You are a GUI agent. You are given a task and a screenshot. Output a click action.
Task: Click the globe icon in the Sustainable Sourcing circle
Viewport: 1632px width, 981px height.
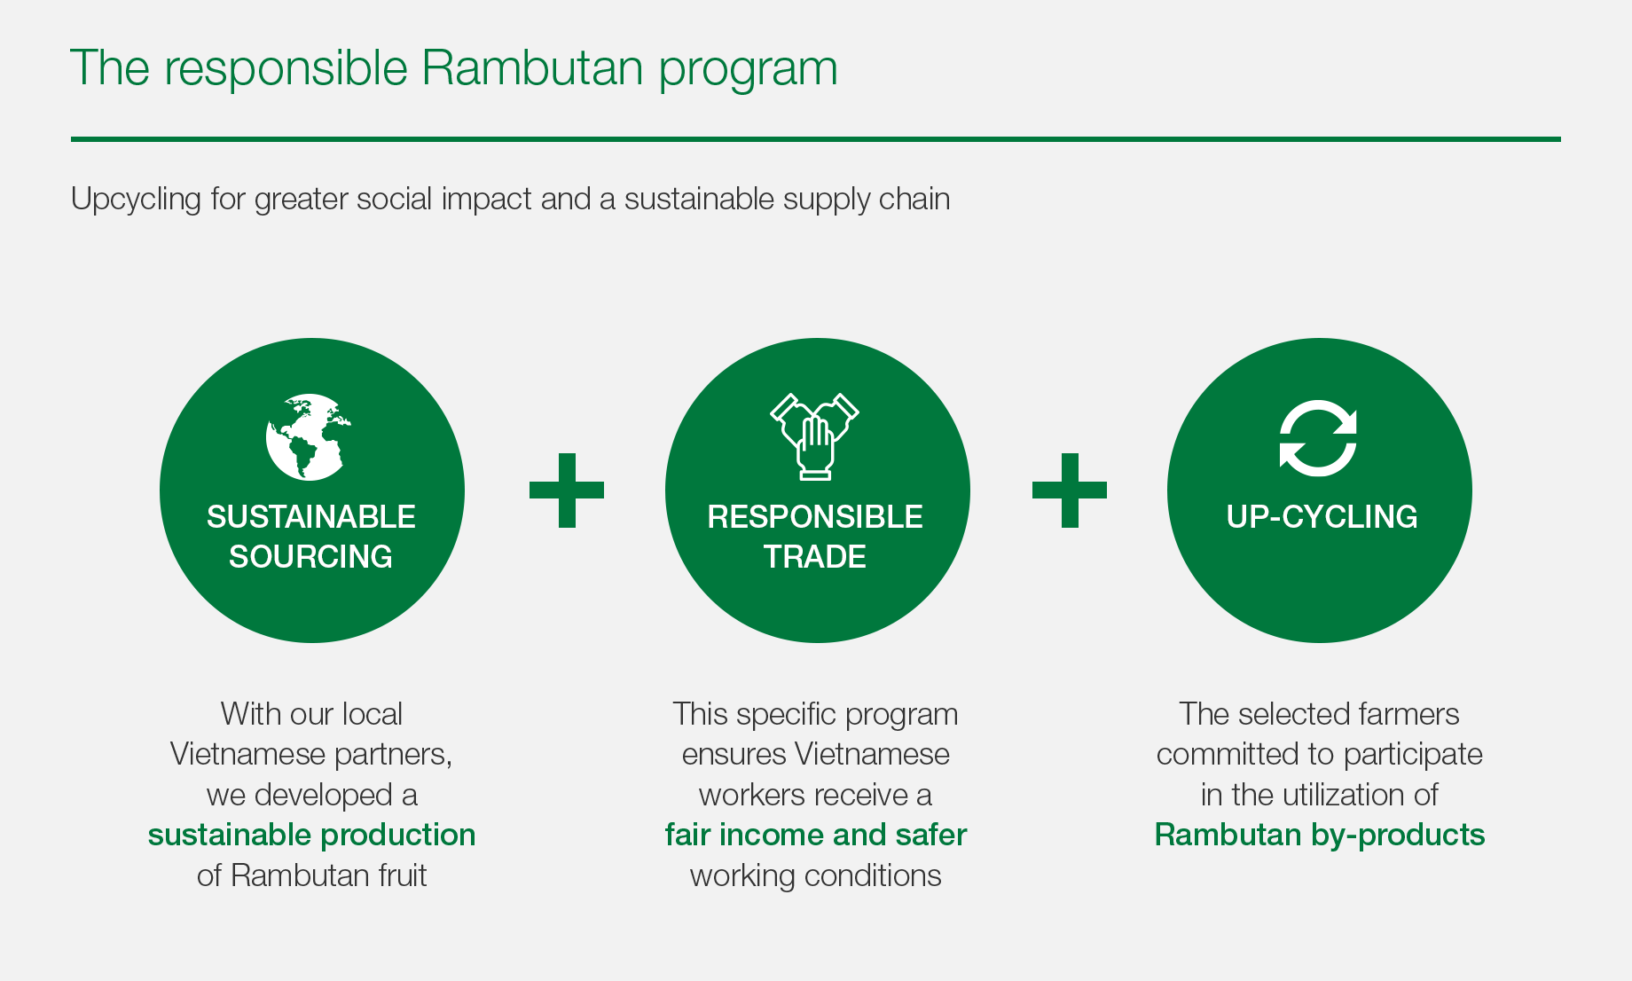(x=308, y=436)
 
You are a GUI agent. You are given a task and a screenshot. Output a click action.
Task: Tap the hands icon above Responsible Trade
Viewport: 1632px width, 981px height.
(x=815, y=436)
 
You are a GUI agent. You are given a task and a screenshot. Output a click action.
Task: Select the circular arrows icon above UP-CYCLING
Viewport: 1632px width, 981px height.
(x=1318, y=438)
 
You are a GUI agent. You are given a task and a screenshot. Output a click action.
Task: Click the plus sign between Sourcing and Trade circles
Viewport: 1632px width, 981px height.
(x=567, y=490)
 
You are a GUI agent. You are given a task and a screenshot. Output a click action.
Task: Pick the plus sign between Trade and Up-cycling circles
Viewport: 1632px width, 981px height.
(x=1070, y=490)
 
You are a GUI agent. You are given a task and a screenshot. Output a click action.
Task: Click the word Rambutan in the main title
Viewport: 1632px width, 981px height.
(x=531, y=67)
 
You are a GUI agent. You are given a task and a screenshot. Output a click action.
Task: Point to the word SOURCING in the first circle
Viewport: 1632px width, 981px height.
(x=310, y=556)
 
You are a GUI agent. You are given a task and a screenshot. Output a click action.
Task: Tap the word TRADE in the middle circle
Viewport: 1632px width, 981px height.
(x=815, y=556)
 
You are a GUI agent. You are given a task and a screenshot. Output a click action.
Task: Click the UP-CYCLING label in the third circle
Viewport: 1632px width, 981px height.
(x=1322, y=516)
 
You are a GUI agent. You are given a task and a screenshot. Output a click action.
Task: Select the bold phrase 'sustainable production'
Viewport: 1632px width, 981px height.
(x=311, y=835)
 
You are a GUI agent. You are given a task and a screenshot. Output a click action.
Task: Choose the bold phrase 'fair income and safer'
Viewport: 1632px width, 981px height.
(x=816, y=835)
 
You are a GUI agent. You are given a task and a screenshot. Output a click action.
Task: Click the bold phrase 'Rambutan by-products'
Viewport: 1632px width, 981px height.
(x=1320, y=836)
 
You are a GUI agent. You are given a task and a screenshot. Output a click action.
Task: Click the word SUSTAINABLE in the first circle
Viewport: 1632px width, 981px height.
(x=311, y=516)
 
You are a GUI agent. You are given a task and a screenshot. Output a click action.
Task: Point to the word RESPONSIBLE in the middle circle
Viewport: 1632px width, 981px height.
(x=815, y=516)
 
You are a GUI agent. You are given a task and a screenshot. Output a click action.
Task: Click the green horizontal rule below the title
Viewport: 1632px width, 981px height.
(x=816, y=139)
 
